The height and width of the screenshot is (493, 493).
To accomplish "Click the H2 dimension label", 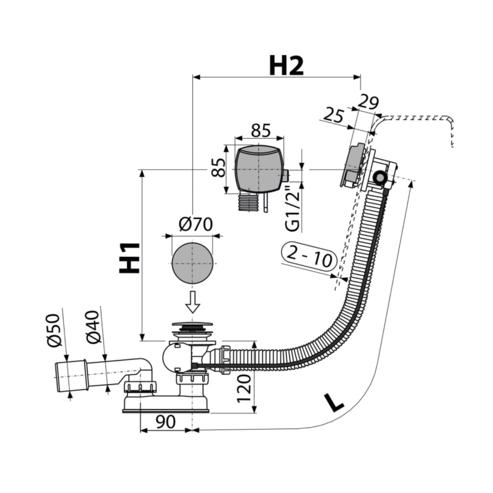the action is (286, 66).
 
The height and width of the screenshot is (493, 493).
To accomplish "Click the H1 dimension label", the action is (129, 258).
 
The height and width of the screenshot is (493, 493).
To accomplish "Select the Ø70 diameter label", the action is (195, 224).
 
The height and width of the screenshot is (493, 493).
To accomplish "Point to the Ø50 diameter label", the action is (54, 330).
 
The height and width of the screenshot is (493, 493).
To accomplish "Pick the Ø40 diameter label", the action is (93, 327).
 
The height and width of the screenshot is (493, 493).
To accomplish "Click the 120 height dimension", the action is (244, 389).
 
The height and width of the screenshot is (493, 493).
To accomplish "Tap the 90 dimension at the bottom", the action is (165, 422).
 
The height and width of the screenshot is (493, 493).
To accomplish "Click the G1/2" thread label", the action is (293, 209).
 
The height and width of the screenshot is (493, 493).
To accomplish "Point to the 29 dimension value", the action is (368, 102).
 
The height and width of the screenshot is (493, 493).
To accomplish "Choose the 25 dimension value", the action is (333, 115).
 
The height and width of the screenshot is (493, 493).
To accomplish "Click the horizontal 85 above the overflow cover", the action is (261, 130).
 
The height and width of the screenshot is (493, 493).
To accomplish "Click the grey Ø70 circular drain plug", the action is (192, 263).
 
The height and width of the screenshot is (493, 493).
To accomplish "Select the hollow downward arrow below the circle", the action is (193, 302).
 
